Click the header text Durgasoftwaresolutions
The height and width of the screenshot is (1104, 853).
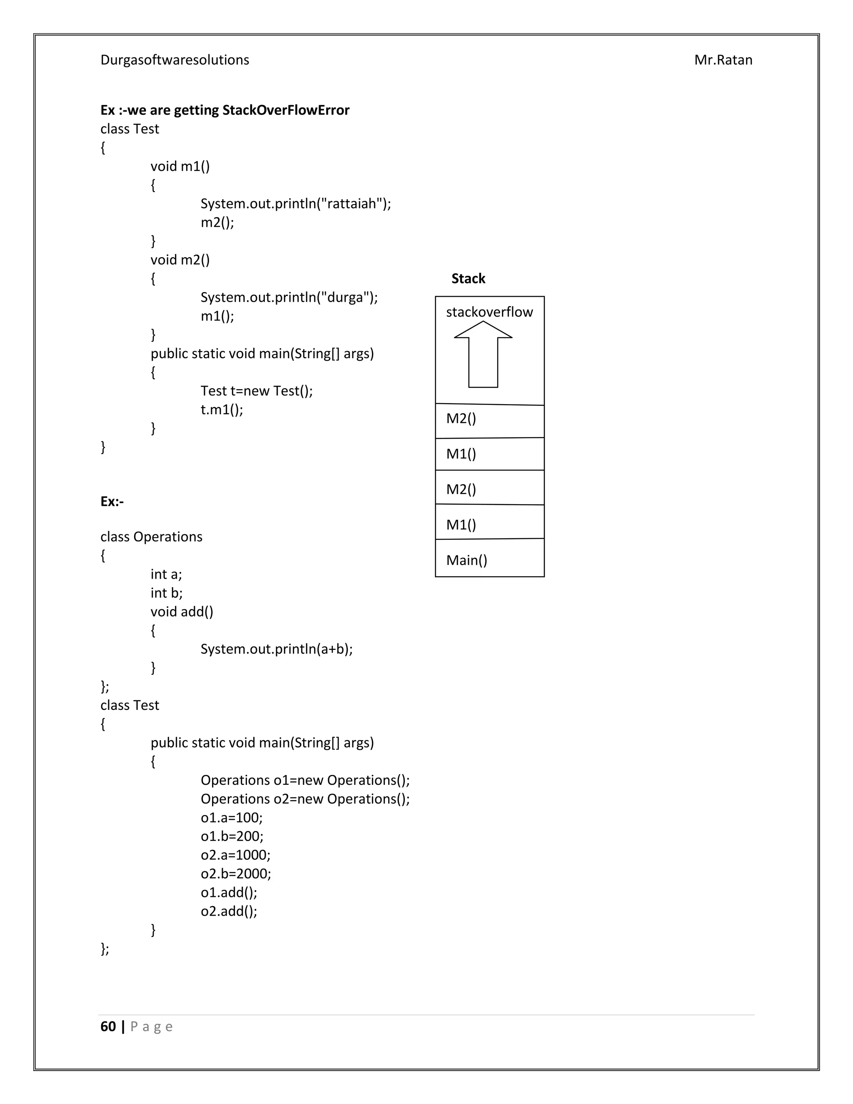pos(175,60)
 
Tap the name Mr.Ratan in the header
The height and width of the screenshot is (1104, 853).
pos(723,60)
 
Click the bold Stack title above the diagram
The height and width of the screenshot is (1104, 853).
pos(468,279)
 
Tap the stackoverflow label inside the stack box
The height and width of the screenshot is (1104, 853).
pos(489,312)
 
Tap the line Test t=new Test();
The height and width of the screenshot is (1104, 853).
pos(256,391)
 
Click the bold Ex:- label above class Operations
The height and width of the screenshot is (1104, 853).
pos(112,502)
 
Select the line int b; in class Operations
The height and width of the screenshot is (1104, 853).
pos(166,593)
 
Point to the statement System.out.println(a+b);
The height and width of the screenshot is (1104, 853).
pos(277,649)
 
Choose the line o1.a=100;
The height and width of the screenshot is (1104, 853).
pos(232,817)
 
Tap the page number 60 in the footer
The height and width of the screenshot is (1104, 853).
pos(108,1027)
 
